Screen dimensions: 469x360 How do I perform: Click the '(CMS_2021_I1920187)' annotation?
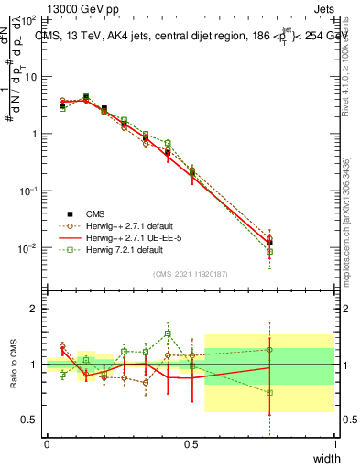point(191,273)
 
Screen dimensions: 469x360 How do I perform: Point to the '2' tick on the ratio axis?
point(34,309)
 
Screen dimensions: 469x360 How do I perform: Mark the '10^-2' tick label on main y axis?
point(28,248)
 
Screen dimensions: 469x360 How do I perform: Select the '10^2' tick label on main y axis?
point(28,19)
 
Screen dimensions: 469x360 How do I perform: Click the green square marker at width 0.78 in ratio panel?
point(269,393)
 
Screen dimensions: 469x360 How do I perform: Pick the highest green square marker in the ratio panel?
point(168,333)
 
